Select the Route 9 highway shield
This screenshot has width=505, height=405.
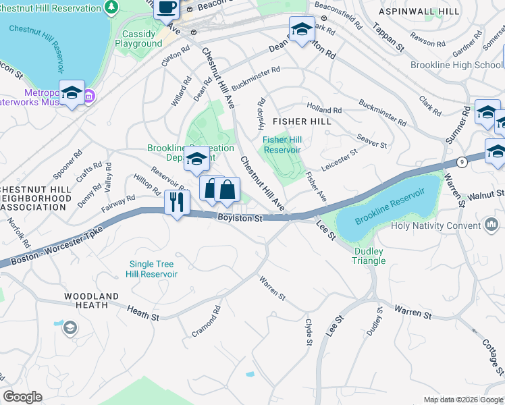(x=461, y=162)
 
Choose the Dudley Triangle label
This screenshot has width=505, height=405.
(x=369, y=256)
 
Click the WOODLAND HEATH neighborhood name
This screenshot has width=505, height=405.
(x=92, y=300)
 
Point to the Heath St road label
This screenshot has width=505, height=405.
(x=143, y=313)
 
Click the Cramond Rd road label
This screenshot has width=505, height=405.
(x=207, y=321)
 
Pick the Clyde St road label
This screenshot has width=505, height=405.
(x=309, y=333)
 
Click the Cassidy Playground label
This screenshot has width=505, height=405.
(x=142, y=38)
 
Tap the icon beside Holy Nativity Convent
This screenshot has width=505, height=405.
(x=492, y=223)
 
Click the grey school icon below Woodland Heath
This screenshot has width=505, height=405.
(x=70, y=328)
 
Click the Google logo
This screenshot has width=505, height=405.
(x=23, y=397)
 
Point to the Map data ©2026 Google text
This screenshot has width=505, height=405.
(x=462, y=400)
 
